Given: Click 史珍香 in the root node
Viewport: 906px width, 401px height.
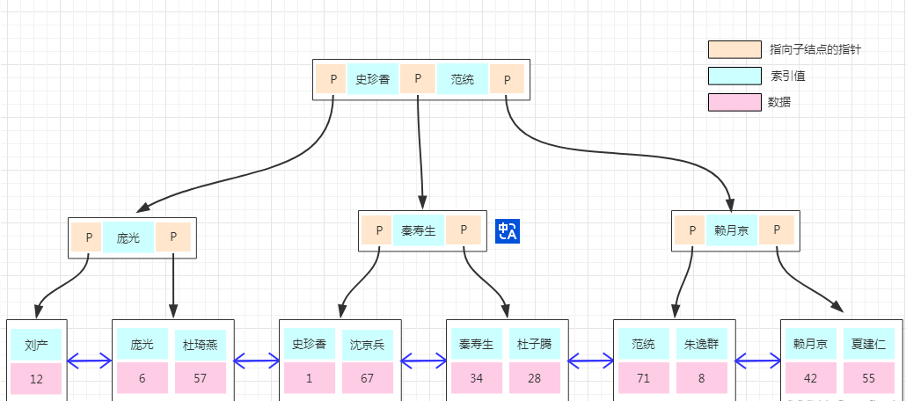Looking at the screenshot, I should pyautogui.click(x=373, y=79).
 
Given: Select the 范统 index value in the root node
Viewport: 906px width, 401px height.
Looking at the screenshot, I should pyautogui.click(x=463, y=79).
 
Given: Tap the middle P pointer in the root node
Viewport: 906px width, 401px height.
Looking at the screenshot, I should pyautogui.click(x=418, y=79).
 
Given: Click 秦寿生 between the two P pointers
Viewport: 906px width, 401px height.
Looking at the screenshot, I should pyautogui.click(x=418, y=230).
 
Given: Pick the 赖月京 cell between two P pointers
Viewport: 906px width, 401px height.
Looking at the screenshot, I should pyautogui.click(x=731, y=230).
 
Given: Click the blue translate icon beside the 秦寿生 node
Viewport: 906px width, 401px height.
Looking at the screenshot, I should pyautogui.click(x=508, y=230).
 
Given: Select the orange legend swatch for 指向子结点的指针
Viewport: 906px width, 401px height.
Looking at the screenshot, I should pyautogui.click(x=734, y=49).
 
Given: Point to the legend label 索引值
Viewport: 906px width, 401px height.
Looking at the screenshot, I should pyautogui.click(x=787, y=76).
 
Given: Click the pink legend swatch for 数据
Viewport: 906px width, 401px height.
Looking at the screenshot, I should pyautogui.click(x=734, y=102).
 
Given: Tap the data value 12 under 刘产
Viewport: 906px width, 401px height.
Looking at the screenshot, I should pyautogui.click(x=36, y=379).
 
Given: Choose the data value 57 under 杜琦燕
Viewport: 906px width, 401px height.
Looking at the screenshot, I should pyautogui.click(x=201, y=378).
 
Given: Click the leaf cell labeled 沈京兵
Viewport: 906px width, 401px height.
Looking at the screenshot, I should pyautogui.click(x=368, y=344).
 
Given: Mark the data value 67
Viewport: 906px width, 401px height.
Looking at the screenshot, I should pyautogui.click(x=368, y=378).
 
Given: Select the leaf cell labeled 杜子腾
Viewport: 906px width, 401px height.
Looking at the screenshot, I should pyautogui.click(x=534, y=344).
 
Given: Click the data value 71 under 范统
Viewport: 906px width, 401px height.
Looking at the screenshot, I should pyautogui.click(x=643, y=378).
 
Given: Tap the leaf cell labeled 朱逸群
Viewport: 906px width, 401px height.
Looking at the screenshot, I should pyautogui.click(x=702, y=344).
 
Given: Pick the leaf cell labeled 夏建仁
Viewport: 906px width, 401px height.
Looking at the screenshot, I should pyautogui.click(x=869, y=344).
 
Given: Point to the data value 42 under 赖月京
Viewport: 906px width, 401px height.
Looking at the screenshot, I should pyautogui.click(x=810, y=378).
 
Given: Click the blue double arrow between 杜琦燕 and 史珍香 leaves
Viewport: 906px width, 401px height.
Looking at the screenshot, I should pyautogui.click(x=256, y=360).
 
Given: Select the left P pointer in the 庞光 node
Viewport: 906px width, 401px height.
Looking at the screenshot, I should pyautogui.click(x=87, y=237).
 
